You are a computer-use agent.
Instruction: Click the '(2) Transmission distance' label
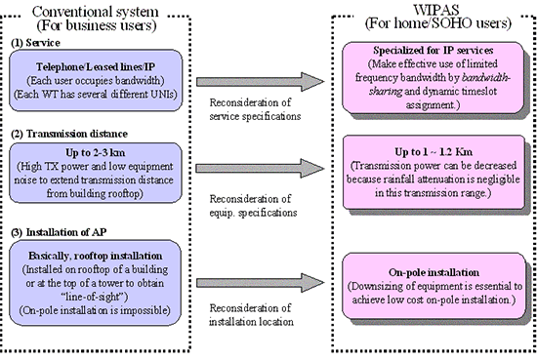coord(64,135)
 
